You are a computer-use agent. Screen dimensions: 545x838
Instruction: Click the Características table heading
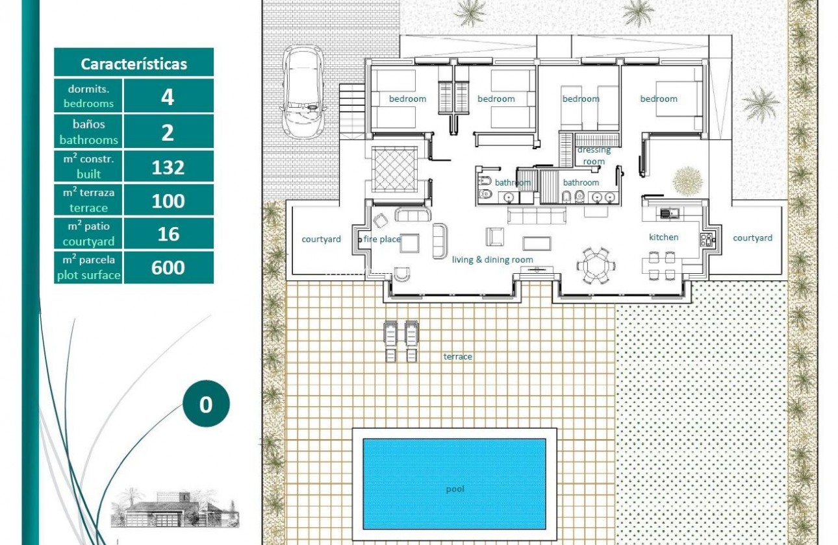click(x=134, y=64)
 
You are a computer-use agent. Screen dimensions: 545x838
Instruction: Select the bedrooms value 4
click(x=168, y=97)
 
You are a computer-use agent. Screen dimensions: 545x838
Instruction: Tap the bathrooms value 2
click(x=168, y=132)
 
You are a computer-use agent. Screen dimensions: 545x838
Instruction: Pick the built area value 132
click(x=168, y=167)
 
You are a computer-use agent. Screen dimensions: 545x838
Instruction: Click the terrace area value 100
click(x=168, y=201)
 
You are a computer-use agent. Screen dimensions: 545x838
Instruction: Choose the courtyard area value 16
click(x=168, y=234)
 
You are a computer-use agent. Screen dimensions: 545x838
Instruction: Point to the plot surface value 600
click(x=168, y=267)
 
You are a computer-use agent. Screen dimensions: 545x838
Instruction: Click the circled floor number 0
click(x=206, y=404)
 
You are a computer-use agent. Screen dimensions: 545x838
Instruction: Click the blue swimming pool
click(x=454, y=484)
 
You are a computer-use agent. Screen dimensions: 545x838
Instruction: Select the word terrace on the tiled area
click(x=457, y=357)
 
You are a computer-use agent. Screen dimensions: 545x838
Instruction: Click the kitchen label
click(x=663, y=237)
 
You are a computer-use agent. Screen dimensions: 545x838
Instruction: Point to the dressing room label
click(x=594, y=156)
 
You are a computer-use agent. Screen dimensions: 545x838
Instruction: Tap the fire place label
click(x=382, y=239)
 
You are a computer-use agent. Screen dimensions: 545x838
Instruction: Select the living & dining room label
click(x=492, y=260)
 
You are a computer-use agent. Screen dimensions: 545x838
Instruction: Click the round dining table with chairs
click(x=594, y=265)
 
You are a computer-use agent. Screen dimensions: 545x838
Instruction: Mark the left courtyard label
click(x=321, y=239)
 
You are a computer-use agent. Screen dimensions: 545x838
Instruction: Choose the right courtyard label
click(x=752, y=238)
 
